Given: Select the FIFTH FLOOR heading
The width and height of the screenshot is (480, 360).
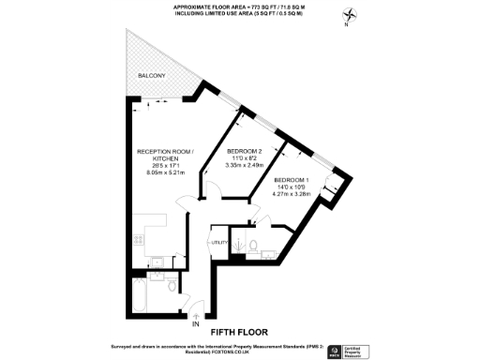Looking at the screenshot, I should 239,331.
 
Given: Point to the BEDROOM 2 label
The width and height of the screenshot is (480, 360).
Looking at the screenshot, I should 247,150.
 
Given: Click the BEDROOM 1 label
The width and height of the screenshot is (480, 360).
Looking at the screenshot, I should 292,179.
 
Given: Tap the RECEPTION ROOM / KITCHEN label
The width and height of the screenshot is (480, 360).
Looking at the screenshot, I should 165,156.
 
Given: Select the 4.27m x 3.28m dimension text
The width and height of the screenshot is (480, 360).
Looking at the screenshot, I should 292,194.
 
